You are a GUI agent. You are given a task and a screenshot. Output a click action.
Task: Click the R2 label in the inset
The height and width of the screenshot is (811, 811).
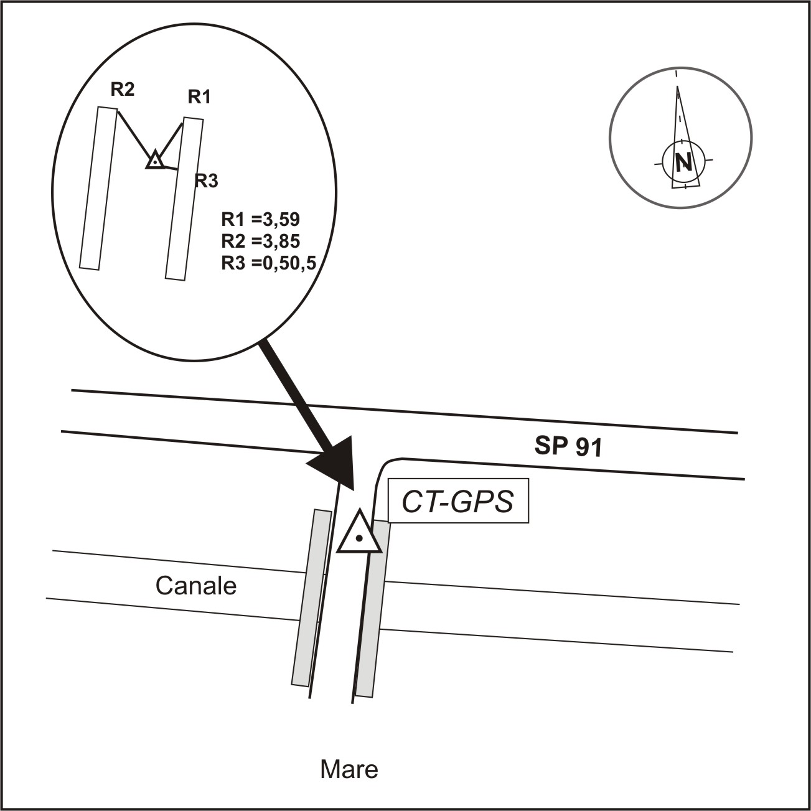(x=123, y=90)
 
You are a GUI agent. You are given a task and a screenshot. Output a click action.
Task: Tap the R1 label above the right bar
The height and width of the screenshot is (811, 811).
(x=199, y=97)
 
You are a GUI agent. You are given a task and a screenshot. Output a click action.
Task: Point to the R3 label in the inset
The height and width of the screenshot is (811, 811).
(x=206, y=181)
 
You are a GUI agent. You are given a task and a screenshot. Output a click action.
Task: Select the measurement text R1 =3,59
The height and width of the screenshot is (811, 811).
(x=261, y=220)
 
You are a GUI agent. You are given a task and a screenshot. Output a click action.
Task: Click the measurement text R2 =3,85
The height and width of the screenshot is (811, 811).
(x=261, y=241)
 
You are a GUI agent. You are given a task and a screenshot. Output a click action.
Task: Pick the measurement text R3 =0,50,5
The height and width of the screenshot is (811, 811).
(x=268, y=263)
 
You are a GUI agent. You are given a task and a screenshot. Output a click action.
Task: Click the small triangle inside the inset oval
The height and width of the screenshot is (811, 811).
(x=156, y=159)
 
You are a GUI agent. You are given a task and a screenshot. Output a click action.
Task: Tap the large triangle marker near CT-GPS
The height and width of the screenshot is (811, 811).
(x=359, y=532)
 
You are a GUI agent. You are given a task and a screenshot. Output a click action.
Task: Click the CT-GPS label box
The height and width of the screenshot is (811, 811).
(x=458, y=501)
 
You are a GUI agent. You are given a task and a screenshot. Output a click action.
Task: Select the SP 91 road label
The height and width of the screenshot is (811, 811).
(x=568, y=446)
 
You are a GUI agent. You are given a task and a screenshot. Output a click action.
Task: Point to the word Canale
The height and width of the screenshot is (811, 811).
(x=196, y=586)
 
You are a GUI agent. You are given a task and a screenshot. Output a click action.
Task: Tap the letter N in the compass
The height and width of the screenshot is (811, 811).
(x=683, y=161)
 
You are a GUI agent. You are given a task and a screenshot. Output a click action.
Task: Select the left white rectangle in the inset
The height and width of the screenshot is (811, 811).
(x=98, y=188)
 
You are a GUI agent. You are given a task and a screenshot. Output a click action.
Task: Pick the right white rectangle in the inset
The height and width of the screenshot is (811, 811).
(x=185, y=199)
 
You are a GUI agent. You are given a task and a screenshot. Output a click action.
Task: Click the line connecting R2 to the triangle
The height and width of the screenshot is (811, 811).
(x=134, y=134)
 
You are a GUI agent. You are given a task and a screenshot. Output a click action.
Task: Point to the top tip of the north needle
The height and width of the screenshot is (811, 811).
(x=677, y=87)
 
